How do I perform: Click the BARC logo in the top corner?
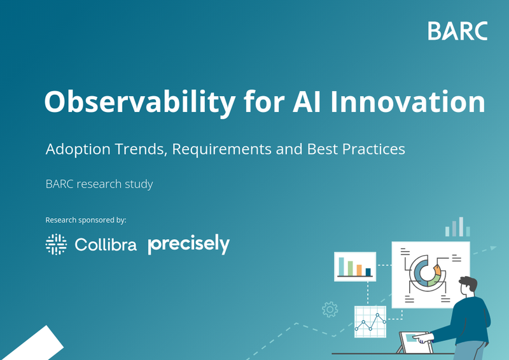[457, 31]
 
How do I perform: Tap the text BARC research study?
[99, 184]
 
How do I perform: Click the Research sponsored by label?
[86, 220]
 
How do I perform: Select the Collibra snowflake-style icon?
[56, 244]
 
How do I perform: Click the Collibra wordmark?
[106, 245]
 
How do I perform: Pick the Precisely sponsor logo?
[188, 244]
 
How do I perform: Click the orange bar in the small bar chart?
[359, 269]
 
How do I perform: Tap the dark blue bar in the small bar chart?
[368, 272]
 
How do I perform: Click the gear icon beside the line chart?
[330, 310]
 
